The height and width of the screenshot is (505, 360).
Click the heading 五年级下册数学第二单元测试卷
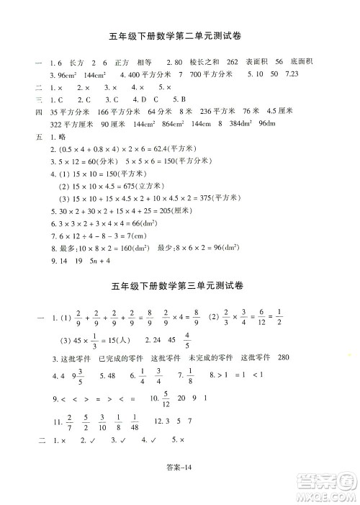pos(180,38)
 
